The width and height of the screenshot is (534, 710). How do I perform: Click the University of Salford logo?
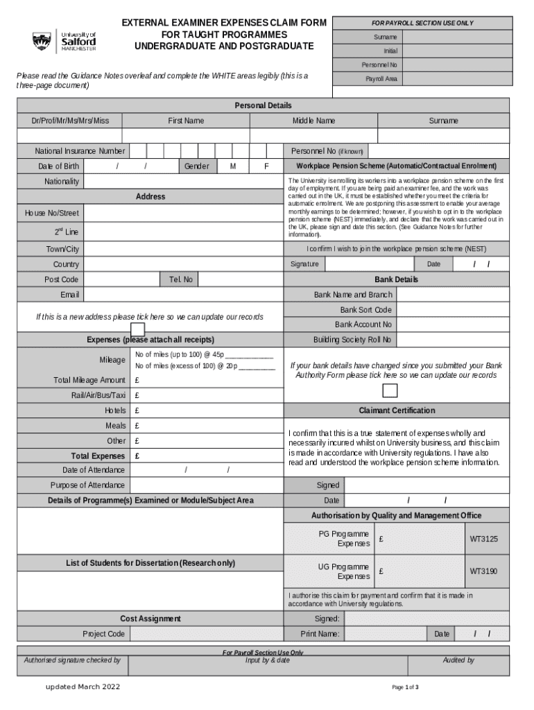[x=64, y=42]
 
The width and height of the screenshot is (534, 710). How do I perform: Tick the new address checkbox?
[x=138, y=329]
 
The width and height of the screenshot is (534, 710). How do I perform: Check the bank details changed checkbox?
[x=390, y=390]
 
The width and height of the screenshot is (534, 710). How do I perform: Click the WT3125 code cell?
[x=484, y=539]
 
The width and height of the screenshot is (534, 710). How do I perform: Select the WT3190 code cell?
[x=484, y=572]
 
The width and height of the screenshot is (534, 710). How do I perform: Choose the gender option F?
[x=267, y=166]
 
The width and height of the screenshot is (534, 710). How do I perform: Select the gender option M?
[x=233, y=166]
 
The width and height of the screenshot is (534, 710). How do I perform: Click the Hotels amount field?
[x=207, y=410]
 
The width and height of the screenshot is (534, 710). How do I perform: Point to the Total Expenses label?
[x=98, y=456]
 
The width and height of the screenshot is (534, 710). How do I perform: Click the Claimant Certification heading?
[x=397, y=410]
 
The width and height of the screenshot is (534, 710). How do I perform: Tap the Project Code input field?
[x=207, y=634]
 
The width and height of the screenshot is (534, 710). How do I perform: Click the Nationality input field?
[x=184, y=182]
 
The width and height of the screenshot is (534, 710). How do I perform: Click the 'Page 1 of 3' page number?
[x=405, y=687]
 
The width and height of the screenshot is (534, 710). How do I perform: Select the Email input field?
[x=184, y=295]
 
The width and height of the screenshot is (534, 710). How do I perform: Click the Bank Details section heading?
[x=397, y=279]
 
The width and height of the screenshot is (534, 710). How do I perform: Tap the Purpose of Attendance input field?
[x=207, y=485]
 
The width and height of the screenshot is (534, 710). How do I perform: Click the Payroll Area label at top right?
[x=381, y=79]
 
